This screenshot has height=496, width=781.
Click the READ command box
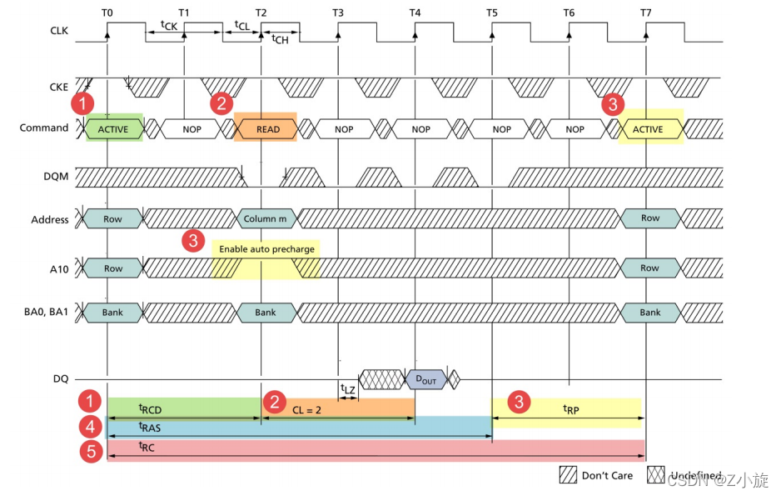coord(267,129)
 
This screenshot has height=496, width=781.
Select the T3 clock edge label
coord(338,13)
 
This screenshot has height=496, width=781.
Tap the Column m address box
coord(265,219)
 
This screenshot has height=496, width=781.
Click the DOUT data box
coord(425,378)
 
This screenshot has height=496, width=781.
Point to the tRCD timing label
coord(151,408)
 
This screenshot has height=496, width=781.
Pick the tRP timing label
coord(570,408)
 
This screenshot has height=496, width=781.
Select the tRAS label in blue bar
coord(149,426)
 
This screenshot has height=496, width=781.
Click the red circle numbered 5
coord(89,451)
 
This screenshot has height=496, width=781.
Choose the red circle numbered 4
coord(89,427)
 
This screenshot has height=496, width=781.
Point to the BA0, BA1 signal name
coord(47,313)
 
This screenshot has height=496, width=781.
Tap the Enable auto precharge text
coord(267,249)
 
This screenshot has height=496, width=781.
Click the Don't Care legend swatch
coord(569,475)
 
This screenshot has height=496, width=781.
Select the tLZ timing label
coord(348,388)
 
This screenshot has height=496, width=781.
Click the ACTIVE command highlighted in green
coord(113,129)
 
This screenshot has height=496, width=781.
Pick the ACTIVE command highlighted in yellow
coord(648,129)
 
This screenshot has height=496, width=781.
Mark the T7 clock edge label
coord(646,13)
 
